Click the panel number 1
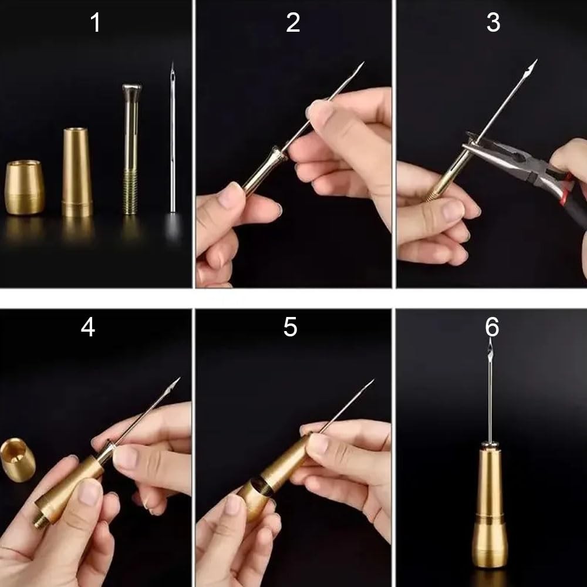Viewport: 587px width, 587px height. [96, 22]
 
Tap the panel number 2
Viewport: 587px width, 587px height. [293, 22]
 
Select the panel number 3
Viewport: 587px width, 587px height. [493, 22]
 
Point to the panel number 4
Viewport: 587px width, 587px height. [88, 327]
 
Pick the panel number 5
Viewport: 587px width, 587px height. [290, 327]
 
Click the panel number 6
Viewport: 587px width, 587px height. [492, 327]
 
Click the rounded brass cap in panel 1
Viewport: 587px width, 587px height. [25, 188]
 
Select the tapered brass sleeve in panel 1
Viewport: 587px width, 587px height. [77, 172]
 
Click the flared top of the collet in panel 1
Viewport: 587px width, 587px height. [131, 89]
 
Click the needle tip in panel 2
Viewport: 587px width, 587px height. [363, 63]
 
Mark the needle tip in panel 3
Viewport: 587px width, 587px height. [536, 60]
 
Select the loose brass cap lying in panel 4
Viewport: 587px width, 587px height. [18, 460]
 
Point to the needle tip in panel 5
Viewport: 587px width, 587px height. [373, 381]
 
